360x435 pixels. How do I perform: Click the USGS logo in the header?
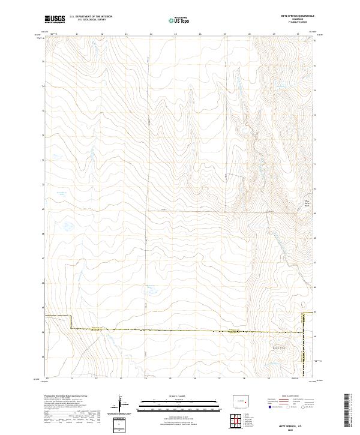pyautogui.click(x=55, y=19)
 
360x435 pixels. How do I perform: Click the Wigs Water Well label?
pyautogui.click(x=309, y=202)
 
